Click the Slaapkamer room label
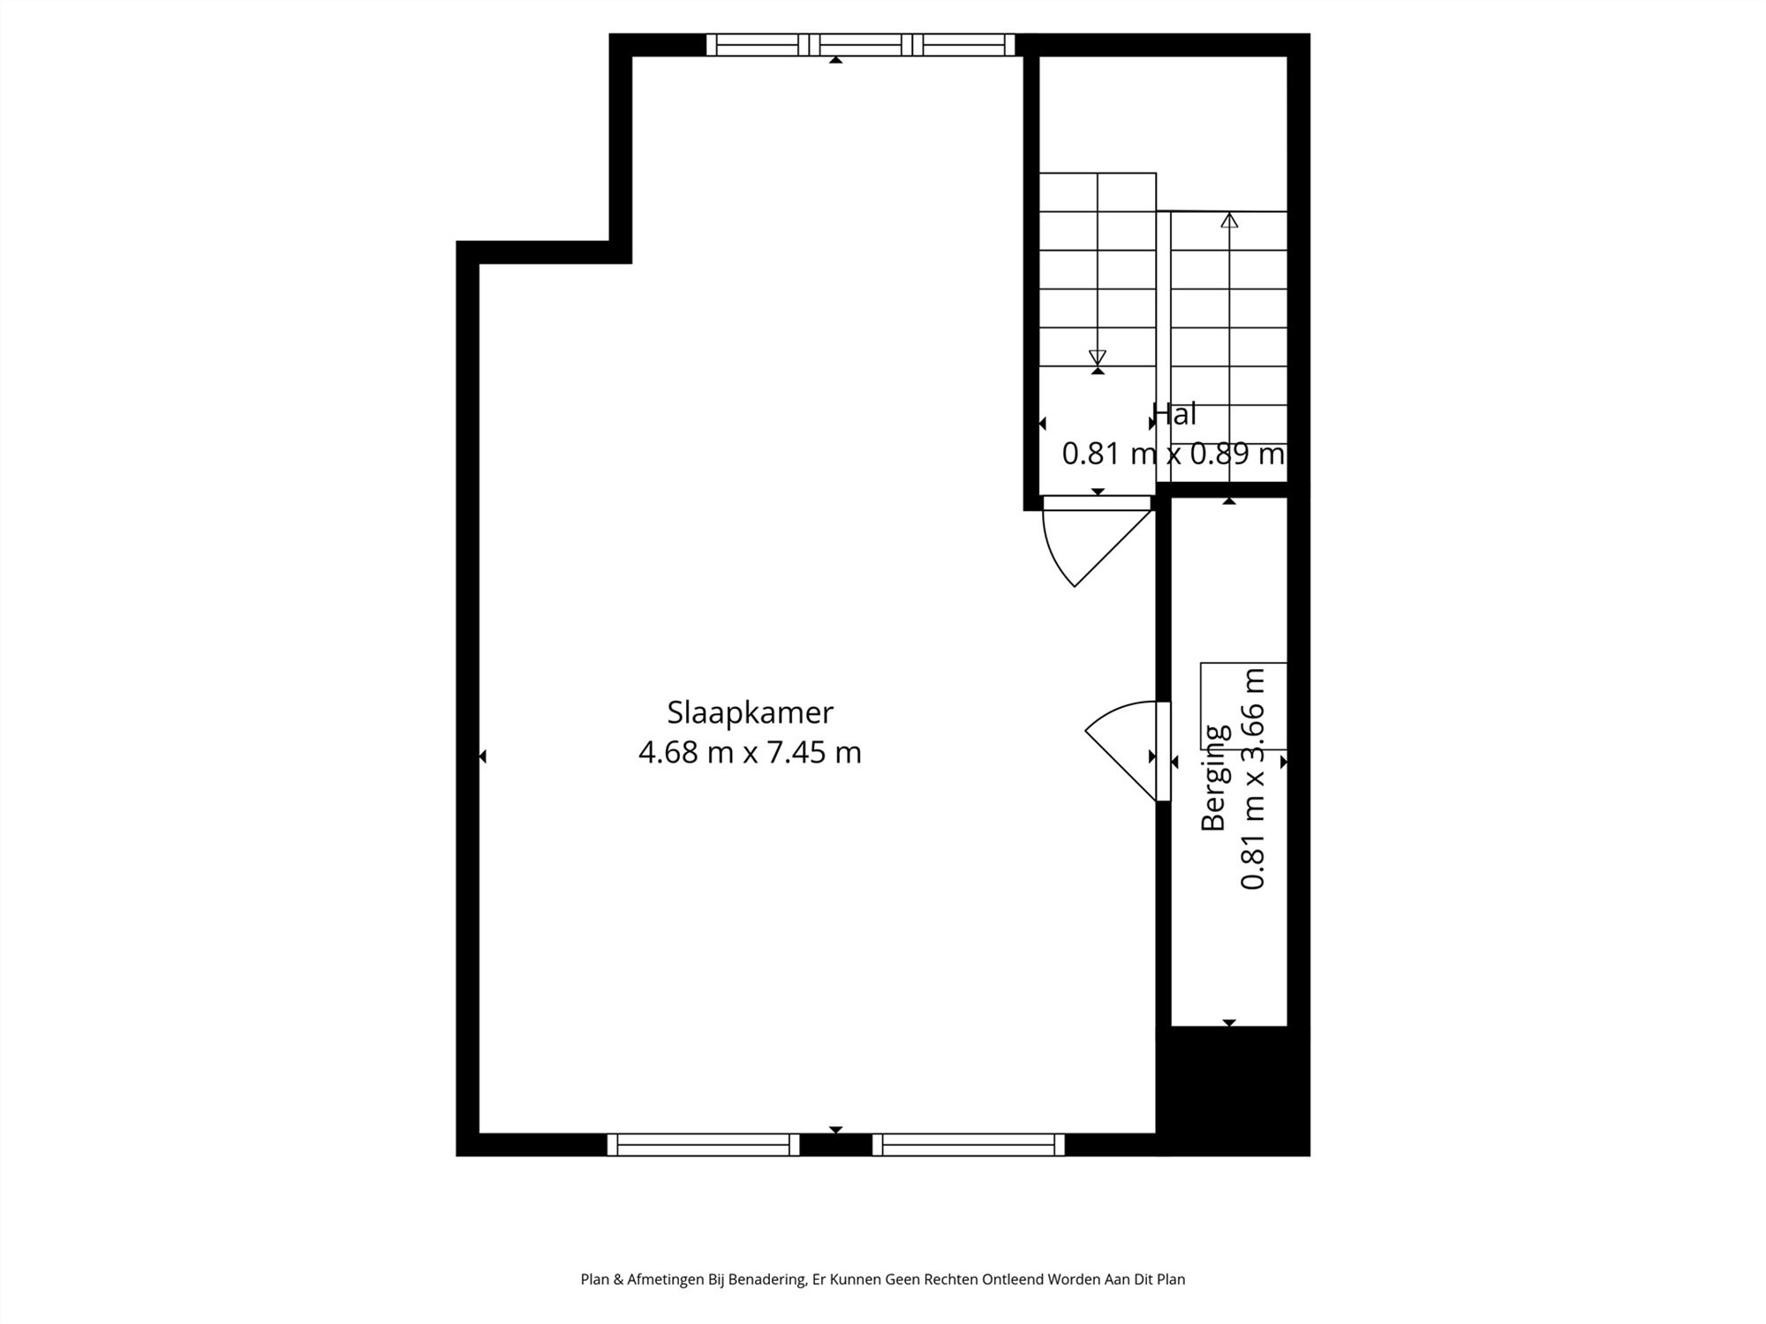pos(750,712)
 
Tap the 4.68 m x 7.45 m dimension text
pos(750,753)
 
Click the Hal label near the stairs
pos(1174,413)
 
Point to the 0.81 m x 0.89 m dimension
pos(1174,454)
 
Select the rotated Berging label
pos(1215,777)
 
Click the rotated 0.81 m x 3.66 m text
pos(1254,779)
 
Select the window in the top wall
pos(861,44)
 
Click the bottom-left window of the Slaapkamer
pos(704,1145)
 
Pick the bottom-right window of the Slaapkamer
pos(969,1145)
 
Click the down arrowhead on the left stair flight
pos(1098,357)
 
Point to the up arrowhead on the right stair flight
pos(1229,220)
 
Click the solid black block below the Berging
pos(1234,1091)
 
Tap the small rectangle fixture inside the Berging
pos(1243,706)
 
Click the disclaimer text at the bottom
pos(882,1279)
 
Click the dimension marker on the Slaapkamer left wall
pos(482,756)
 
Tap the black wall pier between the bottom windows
pos(836,1145)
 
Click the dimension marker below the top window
pos(835,60)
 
